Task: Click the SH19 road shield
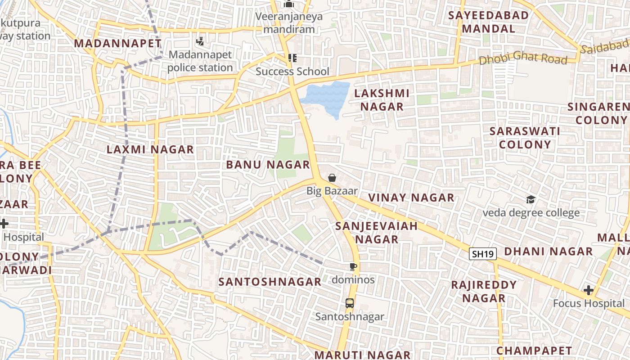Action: click(x=483, y=254)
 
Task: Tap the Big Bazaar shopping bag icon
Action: click(x=332, y=178)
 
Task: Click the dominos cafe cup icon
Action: click(x=353, y=267)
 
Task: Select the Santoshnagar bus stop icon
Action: click(x=350, y=303)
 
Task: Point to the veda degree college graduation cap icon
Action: click(x=531, y=199)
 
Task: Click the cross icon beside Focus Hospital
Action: click(x=588, y=290)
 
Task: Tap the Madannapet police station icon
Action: click(x=200, y=42)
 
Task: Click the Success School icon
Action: click(x=292, y=58)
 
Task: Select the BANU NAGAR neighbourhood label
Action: click(x=268, y=165)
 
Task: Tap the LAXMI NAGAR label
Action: click(x=150, y=149)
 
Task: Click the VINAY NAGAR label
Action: click(x=411, y=198)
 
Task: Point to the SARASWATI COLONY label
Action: click(x=525, y=138)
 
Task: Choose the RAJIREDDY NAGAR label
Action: click(x=484, y=292)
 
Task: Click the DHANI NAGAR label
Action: click(x=548, y=252)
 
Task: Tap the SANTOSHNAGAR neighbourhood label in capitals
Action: click(x=270, y=282)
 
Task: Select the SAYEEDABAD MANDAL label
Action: click(x=488, y=22)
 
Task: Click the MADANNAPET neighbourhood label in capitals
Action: click(x=117, y=44)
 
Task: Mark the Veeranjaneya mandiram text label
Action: click(x=289, y=23)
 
